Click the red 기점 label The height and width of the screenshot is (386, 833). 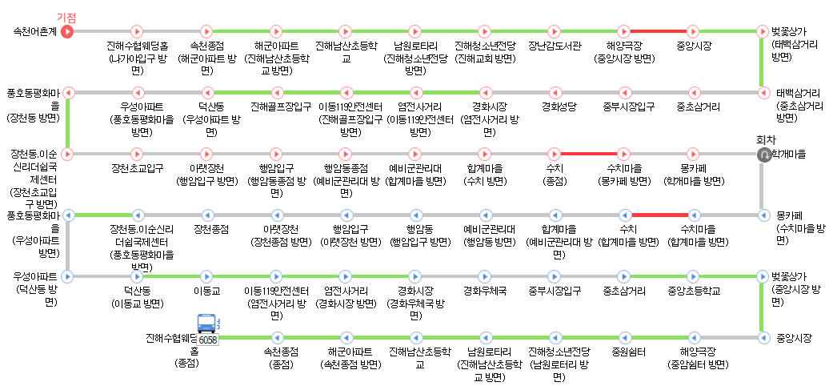point(66,18)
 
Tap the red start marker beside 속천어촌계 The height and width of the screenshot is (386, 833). point(67,32)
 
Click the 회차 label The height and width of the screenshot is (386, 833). point(767,139)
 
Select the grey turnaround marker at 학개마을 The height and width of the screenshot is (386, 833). point(763,153)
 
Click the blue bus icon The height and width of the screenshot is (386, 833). point(207,324)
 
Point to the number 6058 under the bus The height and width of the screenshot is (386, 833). point(208,340)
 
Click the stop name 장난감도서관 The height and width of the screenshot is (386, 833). point(555,46)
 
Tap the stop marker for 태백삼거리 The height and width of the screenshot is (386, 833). point(763,92)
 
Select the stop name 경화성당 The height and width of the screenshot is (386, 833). point(555,107)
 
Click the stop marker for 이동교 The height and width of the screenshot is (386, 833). point(206,276)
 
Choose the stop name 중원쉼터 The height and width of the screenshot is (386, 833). point(624,351)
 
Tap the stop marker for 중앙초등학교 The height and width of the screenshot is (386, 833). point(694,276)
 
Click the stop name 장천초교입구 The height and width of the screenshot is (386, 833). point(137,168)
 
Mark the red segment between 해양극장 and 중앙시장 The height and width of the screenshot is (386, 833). point(659,32)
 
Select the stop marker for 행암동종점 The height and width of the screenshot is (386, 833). point(346,153)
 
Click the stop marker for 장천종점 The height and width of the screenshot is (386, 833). point(206,215)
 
